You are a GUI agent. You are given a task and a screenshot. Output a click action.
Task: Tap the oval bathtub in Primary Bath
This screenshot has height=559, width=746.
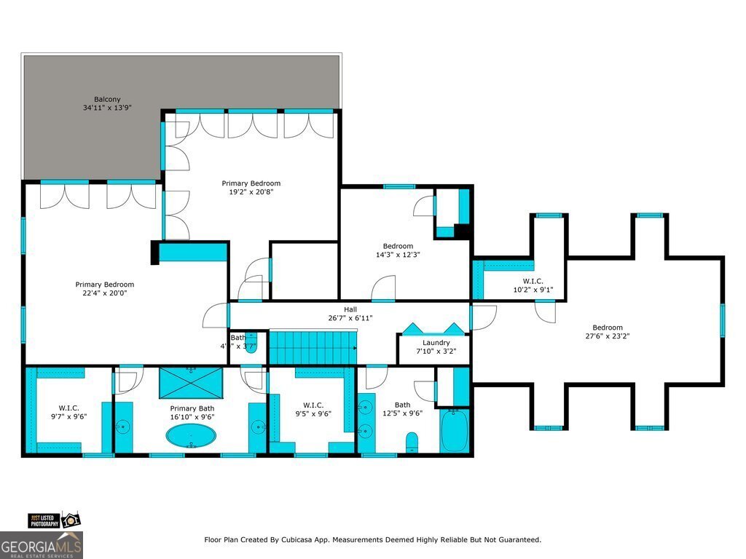[x=191, y=437]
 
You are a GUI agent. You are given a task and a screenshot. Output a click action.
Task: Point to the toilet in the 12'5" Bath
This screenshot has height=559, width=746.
[x=411, y=442]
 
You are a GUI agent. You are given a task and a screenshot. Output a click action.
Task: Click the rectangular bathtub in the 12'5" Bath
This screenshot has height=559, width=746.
[x=453, y=430]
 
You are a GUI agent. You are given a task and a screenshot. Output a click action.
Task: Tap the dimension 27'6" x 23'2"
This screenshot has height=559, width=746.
[x=607, y=336]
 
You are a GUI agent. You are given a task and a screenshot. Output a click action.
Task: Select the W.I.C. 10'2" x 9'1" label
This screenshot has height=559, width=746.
[x=533, y=285]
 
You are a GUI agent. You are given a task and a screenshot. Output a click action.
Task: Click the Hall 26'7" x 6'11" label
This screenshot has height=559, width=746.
[x=350, y=314]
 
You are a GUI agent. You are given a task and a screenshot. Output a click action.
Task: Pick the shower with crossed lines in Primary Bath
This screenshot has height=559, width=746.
[x=191, y=381]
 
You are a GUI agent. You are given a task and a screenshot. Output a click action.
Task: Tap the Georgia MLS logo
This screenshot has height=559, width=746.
[x=42, y=545]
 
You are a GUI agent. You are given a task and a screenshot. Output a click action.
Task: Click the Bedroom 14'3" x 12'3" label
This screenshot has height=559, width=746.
[x=398, y=250]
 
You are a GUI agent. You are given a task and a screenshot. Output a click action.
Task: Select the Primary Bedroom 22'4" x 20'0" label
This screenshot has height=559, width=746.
[x=105, y=289]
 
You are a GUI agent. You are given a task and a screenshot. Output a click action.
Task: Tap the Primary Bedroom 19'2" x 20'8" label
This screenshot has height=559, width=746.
[x=251, y=188]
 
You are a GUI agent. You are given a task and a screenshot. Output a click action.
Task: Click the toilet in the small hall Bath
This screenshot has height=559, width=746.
[x=251, y=340]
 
